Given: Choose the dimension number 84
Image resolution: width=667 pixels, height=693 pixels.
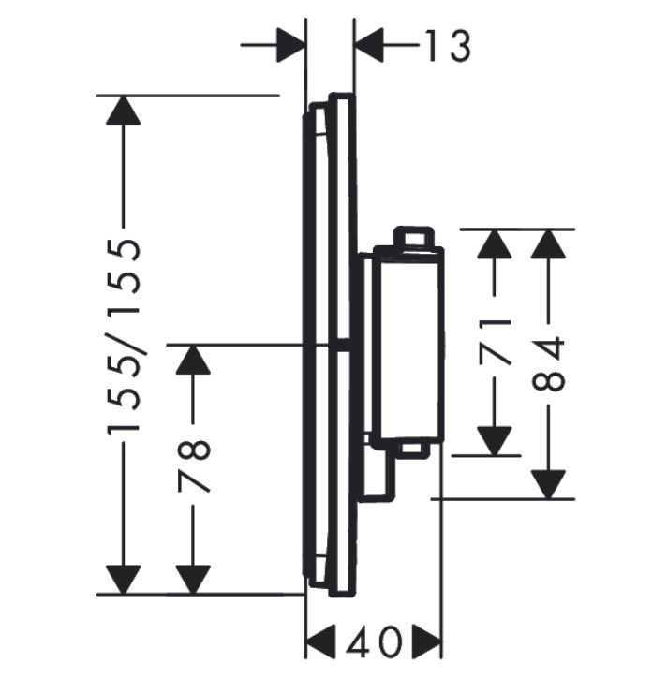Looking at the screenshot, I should [550, 364].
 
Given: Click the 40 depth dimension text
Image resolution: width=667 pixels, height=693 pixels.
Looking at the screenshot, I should [374, 642].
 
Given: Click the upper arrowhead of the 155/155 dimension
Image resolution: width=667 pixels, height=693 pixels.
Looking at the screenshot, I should [124, 111].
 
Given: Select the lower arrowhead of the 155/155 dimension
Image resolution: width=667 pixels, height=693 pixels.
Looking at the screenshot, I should [124, 579].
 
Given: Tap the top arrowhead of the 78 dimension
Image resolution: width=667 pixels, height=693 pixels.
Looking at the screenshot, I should [193, 360].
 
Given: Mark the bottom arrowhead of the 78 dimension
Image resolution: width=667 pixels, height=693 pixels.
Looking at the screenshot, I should [193, 579].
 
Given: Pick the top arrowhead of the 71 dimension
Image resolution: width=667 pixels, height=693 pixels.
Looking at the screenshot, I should [495, 244].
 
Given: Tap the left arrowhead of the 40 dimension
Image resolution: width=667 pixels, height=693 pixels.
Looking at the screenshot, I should [321, 642].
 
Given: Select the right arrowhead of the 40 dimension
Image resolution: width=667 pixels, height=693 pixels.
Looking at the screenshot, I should [426, 642].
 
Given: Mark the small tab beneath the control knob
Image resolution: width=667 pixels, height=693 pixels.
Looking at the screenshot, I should [413, 450].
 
